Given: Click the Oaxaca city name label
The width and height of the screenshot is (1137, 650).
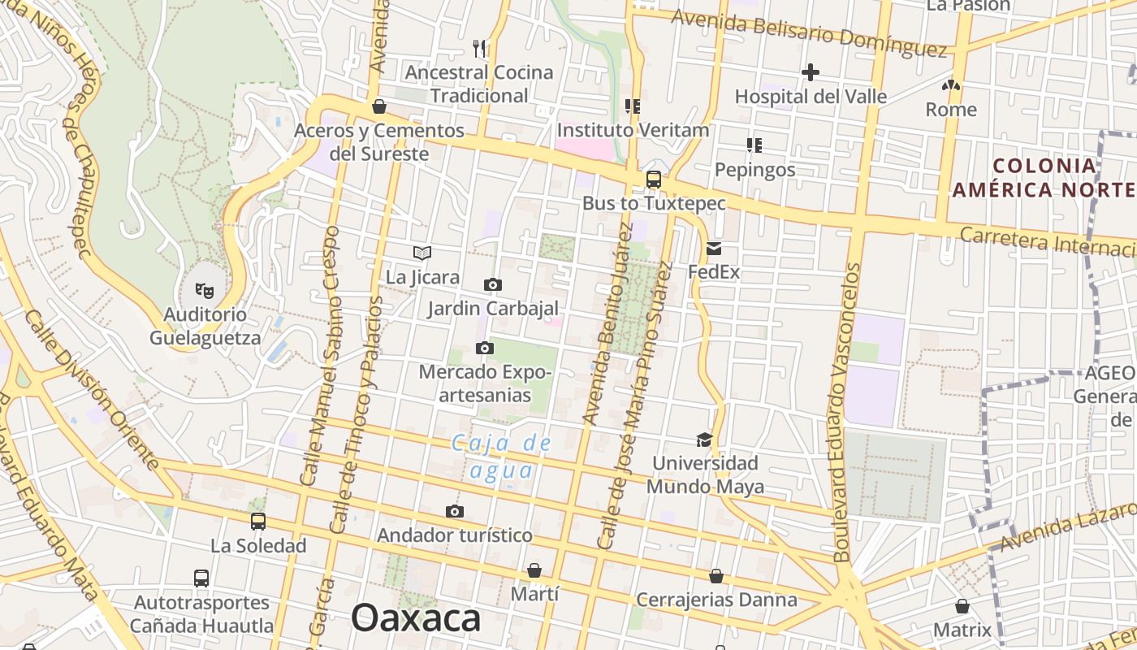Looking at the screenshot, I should pos(416,618).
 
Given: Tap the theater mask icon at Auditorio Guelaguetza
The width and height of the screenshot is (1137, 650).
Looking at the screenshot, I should pos(204,289).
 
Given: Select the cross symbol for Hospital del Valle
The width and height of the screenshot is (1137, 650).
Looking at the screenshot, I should pos(810,72).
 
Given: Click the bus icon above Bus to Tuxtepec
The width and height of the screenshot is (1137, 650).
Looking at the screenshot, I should pos(653,180).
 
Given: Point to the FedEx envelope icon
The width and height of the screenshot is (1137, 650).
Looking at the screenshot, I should pos(714,249).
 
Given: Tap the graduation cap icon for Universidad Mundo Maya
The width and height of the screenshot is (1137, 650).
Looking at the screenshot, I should pos(704,440).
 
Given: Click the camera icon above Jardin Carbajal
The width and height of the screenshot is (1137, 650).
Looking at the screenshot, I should pos(492,284).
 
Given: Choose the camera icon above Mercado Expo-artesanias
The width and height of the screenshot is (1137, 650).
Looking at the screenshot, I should pos(485,349).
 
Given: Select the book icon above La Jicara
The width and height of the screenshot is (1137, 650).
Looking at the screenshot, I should pos(422,253).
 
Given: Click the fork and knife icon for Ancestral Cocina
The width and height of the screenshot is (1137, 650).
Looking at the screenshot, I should pos(479,49).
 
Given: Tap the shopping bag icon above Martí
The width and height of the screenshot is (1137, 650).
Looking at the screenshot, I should pos(534,570).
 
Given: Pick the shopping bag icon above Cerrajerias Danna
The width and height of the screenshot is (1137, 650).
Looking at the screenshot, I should pos(716,576).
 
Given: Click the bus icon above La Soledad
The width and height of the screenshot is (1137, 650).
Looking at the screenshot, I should pos(258,521).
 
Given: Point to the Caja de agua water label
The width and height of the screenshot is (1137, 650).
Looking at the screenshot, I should pos(501,457).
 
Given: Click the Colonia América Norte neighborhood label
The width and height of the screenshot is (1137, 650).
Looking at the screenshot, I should pos(1044,178).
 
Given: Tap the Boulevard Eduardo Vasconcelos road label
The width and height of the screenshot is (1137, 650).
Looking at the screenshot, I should pos(842,412).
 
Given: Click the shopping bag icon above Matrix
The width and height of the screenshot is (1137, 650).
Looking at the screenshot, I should pos(962,606).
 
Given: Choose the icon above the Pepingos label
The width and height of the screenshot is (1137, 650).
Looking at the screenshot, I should pos(754,145).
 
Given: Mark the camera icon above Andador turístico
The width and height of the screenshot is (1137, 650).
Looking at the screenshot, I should pos(455,511).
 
